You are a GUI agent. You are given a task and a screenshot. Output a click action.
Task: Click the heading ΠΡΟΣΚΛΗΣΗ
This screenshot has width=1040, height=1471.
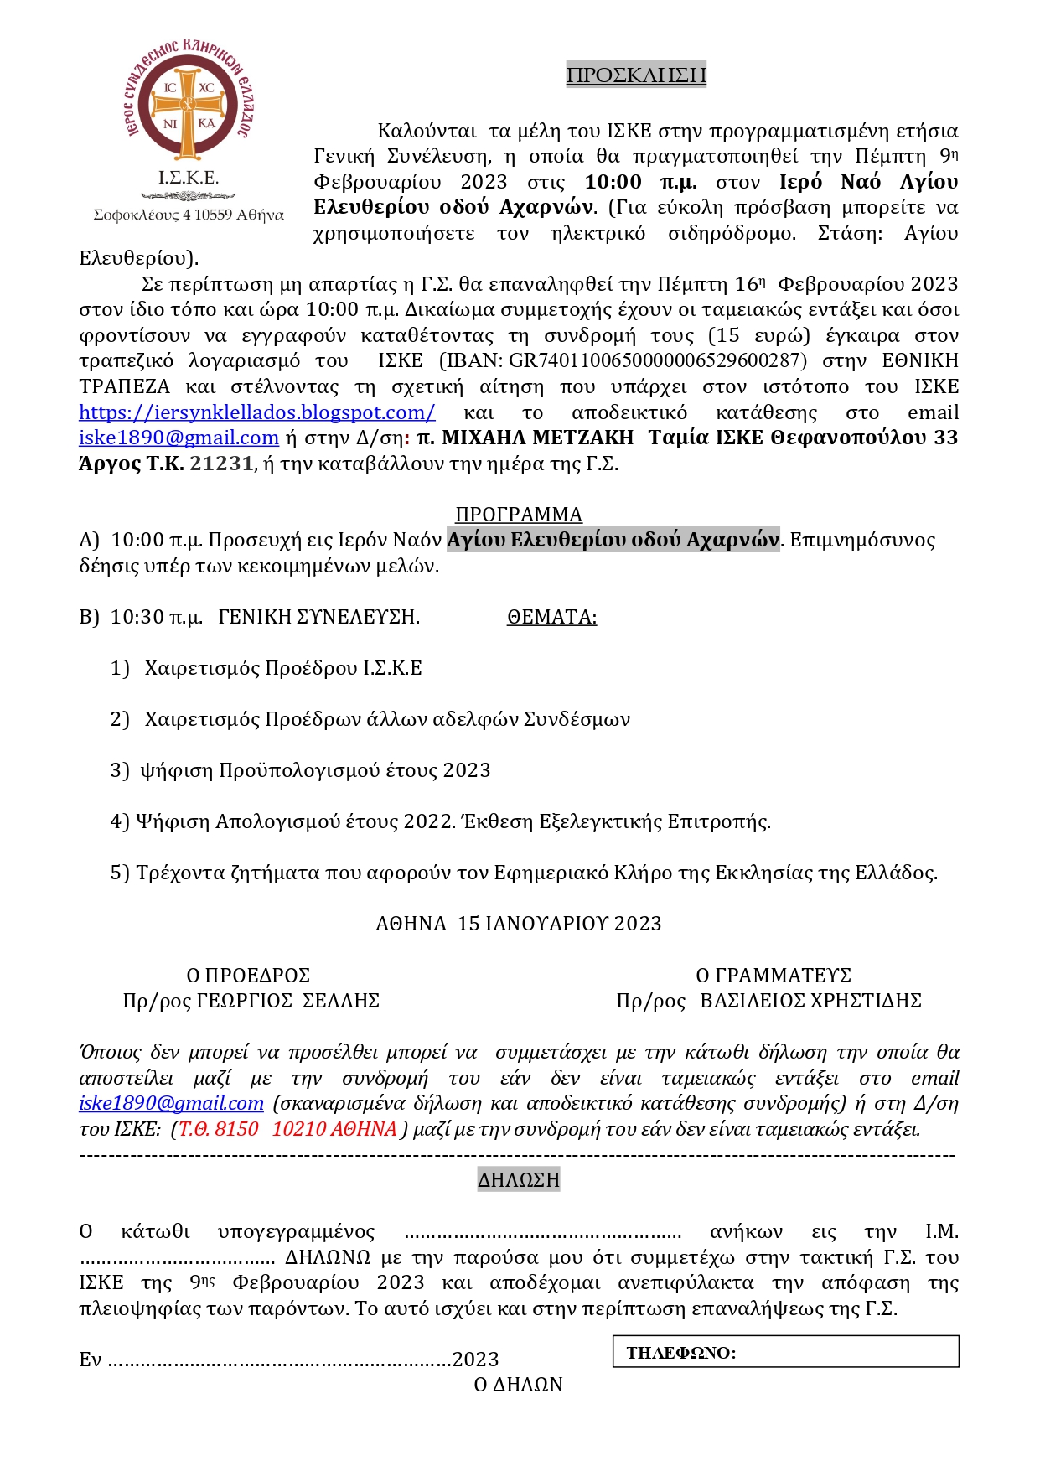point(636,75)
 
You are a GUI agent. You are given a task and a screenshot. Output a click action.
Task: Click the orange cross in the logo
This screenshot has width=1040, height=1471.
point(189,106)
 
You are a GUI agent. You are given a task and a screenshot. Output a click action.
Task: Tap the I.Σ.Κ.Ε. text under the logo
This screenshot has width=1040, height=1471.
point(189,178)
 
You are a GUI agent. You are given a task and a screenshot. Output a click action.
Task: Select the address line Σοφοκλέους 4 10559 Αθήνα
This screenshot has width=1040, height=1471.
point(189,215)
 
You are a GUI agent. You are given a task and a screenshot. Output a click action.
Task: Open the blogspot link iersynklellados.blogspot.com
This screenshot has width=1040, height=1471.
point(256,412)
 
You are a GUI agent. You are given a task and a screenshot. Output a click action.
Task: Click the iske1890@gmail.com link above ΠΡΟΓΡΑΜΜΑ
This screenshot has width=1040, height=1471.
point(179,438)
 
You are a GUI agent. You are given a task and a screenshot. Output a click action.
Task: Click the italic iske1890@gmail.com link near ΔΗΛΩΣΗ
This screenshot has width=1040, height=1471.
point(171,1103)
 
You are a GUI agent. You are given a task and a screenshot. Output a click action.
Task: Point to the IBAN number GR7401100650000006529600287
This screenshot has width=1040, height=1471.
point(658,360)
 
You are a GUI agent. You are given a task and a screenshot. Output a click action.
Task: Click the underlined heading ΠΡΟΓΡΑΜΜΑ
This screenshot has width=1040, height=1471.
point(519,514)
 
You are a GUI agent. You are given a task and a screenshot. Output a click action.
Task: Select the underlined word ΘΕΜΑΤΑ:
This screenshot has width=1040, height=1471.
point(551,617)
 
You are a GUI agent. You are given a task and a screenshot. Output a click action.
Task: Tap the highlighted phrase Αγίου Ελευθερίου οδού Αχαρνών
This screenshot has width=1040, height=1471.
point(613,540)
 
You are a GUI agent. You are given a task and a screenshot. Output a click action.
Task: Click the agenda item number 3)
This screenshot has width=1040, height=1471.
point(120,770)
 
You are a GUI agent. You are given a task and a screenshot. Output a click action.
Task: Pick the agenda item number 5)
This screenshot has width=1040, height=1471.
point(120,873)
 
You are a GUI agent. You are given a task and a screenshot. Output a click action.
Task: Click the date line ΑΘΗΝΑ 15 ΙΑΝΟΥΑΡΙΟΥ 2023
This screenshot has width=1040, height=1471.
point(519,924)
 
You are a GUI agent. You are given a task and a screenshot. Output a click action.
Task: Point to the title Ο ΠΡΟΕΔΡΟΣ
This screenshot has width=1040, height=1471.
point(248,976)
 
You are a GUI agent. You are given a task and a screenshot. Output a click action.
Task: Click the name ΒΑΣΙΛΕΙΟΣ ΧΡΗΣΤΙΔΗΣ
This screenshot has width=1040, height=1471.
point(810,1001)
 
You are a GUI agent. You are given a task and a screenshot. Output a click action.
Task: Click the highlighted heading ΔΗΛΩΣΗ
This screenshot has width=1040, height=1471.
point(519,1180)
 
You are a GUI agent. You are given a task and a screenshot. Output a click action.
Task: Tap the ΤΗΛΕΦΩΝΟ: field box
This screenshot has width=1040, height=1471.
point(785,1352)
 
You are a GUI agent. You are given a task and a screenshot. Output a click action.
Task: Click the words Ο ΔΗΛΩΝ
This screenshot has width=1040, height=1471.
point(519,1385)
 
